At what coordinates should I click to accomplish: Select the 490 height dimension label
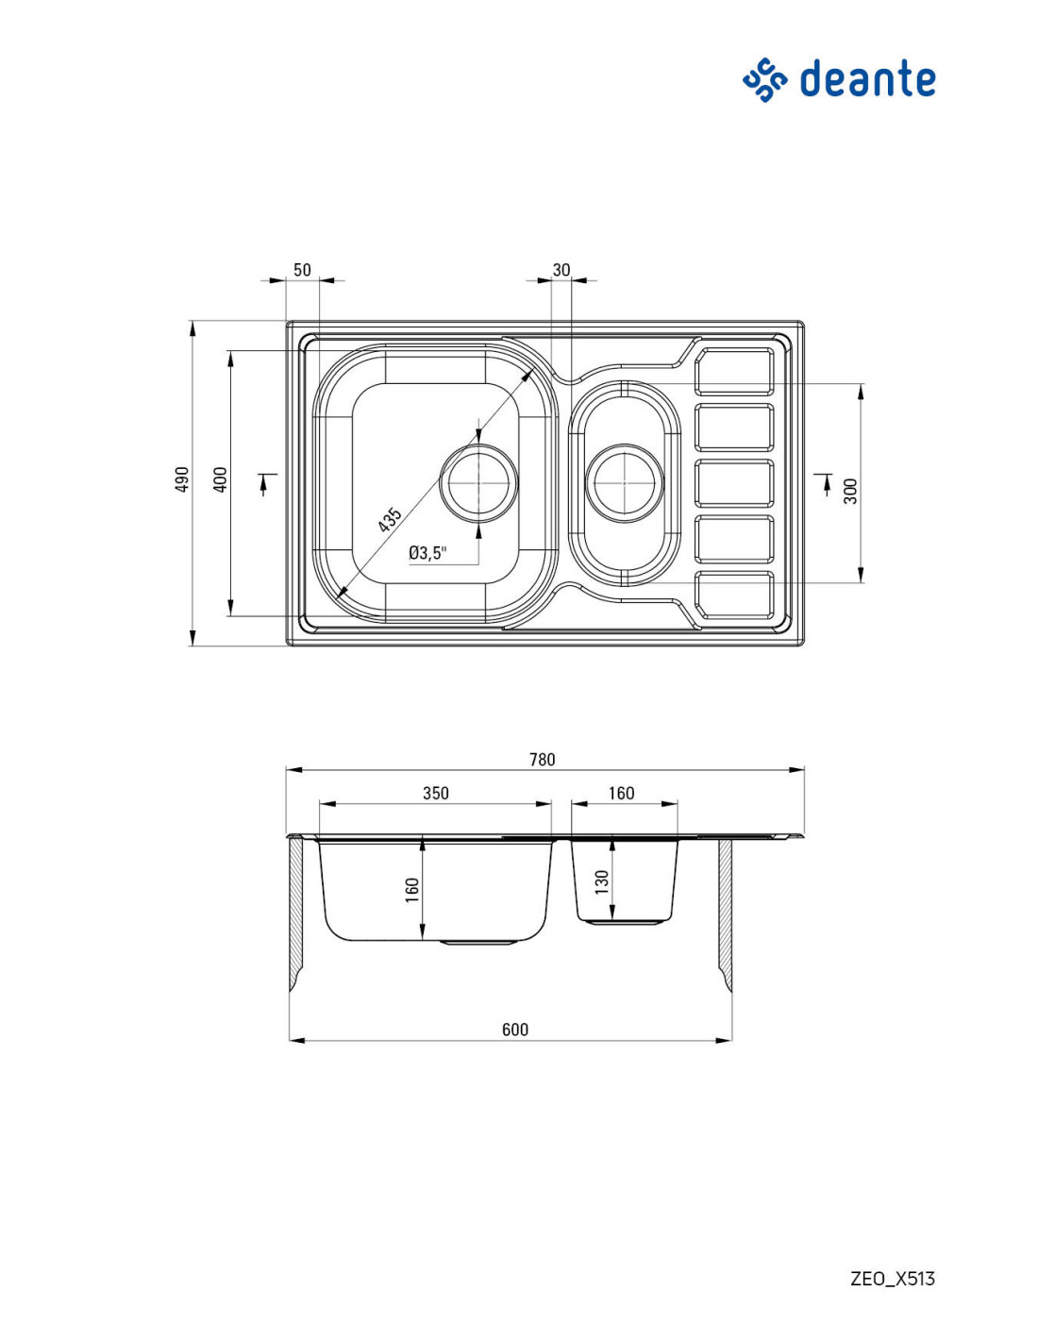(181, 479)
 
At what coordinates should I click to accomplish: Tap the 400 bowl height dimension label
(220, 479)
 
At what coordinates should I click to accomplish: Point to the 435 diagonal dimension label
(390, 519)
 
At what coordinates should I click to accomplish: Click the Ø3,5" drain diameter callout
(427, 553)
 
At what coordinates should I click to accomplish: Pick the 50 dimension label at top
(302, 270)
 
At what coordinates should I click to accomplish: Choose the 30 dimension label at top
(561, 270)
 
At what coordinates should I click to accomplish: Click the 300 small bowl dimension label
(851, 491)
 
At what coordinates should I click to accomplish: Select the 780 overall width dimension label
(543, 759)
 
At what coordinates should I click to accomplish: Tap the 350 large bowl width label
(436, 793)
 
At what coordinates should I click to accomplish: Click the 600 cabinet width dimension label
(515, 1030)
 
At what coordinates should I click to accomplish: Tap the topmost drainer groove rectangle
(734, 371)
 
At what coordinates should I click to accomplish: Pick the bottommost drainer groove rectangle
(734, 596)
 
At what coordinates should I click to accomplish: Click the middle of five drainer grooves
(734, 483)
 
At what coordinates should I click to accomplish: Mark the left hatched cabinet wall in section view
(295, 914)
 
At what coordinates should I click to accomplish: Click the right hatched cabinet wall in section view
(726, 914)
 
